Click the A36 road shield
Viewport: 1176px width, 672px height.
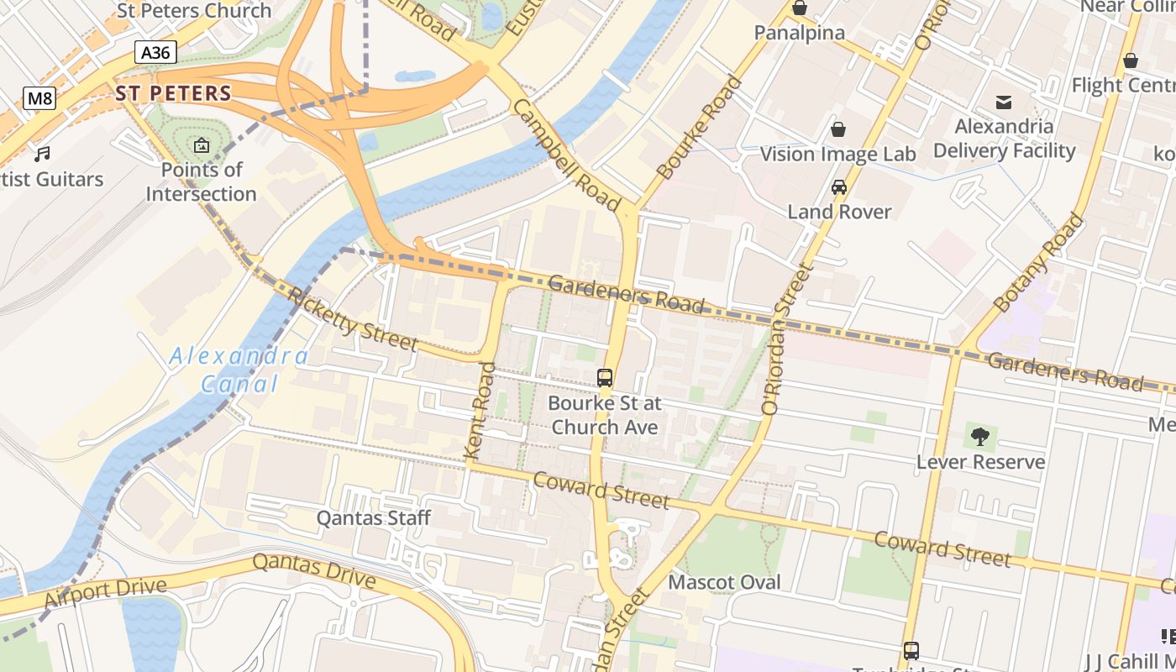coord(155,53)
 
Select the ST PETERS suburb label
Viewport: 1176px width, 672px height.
coord(173,93)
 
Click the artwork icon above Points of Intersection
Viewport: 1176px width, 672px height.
coord(202,146)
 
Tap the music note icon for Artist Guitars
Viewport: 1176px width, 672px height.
coord(42,155)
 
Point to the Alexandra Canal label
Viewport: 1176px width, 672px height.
coord(239,370)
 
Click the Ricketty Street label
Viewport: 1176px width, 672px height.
coord(352,319)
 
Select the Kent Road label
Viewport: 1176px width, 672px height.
coord(480,411)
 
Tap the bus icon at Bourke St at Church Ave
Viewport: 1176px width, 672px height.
coord(605,378)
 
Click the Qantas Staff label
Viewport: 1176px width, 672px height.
coord(373,518)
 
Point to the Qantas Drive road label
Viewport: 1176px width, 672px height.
coord(314,570)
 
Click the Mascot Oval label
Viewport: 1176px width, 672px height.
coord(724,582)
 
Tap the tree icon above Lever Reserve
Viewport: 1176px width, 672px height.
coord(979,436)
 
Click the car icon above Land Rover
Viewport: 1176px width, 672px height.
coord(838,187)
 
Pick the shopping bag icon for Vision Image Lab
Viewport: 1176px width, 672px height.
coord(837,129)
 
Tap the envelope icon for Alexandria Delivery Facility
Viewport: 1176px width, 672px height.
coord(1004,102)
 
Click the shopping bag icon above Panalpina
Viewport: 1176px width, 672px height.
coord(799,8)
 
